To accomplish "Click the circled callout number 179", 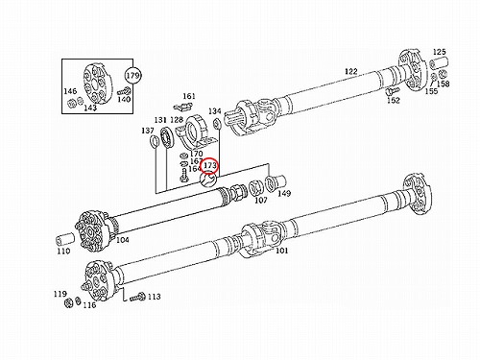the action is tap(132, 76).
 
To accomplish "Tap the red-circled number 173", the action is tap(210, 166).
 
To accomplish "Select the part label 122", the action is tap(351, 71).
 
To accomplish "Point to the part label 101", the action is tap(281, 251).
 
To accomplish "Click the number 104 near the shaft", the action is tap(123, 240).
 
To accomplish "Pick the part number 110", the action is tap(63, 252).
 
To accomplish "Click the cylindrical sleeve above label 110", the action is tap(65, 239).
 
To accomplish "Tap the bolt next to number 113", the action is tap(137, 298).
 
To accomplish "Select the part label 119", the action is tap(60, 294).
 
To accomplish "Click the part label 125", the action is tap(440, 52).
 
